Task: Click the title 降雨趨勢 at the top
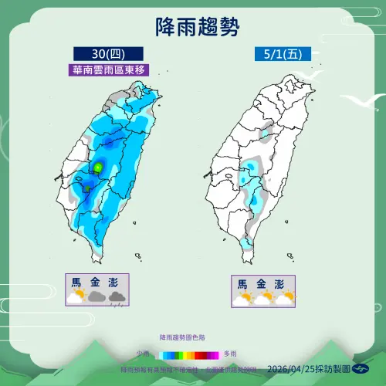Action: point(192,29)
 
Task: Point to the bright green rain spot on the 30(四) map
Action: point(99,167)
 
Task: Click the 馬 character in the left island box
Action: point(76,281)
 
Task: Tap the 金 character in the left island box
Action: point(96,281)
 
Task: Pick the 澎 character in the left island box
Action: point(117,281)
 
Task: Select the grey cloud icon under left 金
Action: point(96,296)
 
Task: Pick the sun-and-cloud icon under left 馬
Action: point(76,296)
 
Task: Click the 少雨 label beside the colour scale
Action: point(144,352)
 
